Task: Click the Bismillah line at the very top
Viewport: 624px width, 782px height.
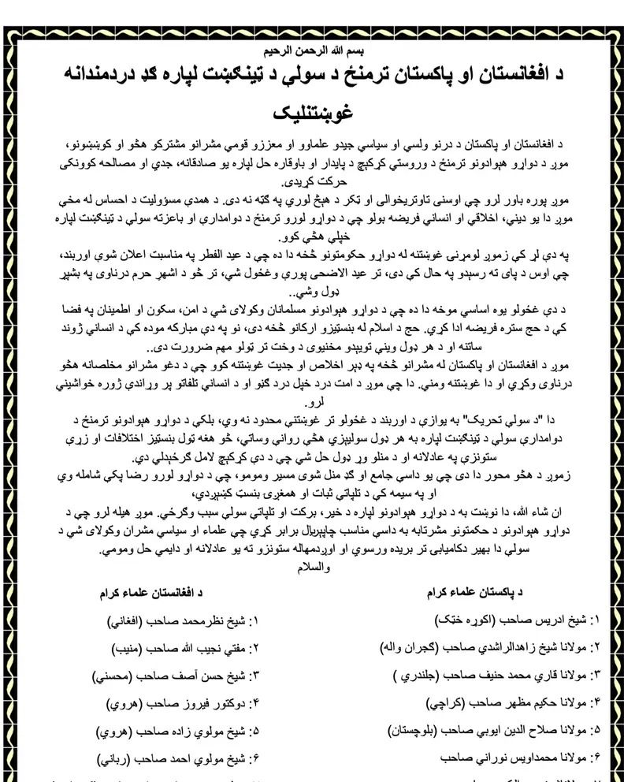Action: click(x=313, y=51)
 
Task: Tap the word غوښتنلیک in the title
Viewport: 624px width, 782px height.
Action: click(x=314, y=111)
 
